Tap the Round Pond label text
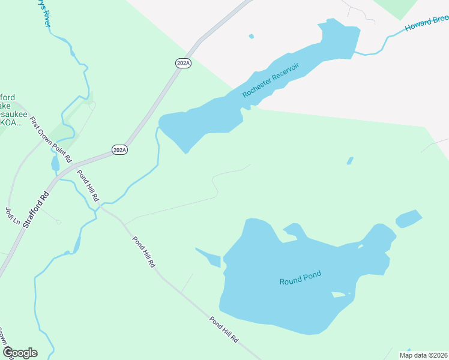pyautogui.click(x=300, y=278)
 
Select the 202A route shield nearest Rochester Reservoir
pyautogui.click(x=184, y=63)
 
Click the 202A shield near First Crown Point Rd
pyautogui.click(x=120, y=149)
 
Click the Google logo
pyautogui.click(x=20, y=353)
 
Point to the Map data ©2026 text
pyautogui.click(x=423, y=355)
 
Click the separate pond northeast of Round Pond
pyautogui.click(x=409, y=218)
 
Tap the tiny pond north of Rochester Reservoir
pyautogui.click(x=252, y=37)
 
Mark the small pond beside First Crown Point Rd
pyautogui.click(x=55, y=163)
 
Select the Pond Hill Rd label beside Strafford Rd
pyautogui.click(x=88, y=187)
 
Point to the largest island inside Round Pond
pyautogui.click(x=340, y=294)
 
